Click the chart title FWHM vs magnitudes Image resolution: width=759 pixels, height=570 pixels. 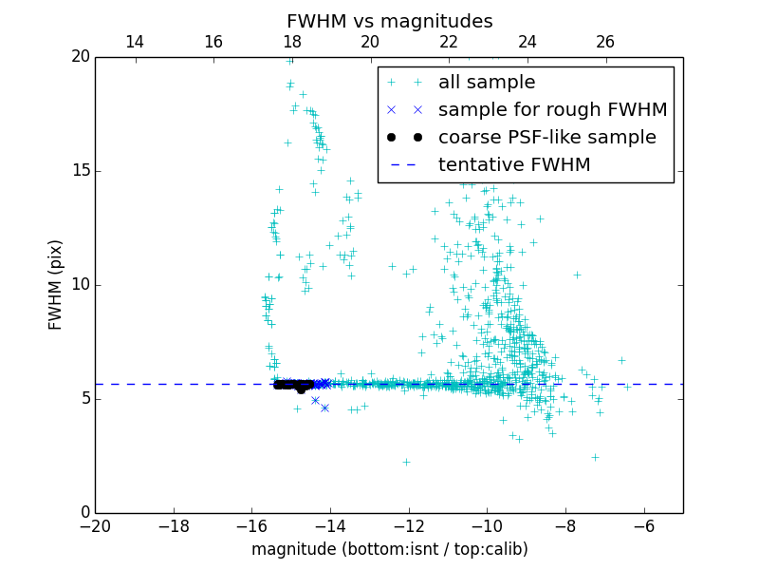(x=389, y=21)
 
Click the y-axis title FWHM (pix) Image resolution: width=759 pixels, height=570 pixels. (x=56, y=284)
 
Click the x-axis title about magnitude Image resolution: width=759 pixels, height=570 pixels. (x=389, y=549)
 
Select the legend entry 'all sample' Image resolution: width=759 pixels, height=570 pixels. (x=487, y=83)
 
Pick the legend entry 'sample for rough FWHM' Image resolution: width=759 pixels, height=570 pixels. (x=552, y=110)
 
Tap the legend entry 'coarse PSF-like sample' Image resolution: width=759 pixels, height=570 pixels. (x=546, y=138)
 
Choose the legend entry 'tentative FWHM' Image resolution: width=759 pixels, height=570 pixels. (x=514, y=165)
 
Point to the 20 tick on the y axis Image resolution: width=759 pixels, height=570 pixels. (x=80, y=57)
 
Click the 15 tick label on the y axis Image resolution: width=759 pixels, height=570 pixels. (x=80, y=171)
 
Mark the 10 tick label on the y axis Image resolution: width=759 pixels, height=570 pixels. (x=80, y=285)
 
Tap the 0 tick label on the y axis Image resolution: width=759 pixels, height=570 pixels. (x=84, y=513)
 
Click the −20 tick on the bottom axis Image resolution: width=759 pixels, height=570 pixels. (x=95, y=525)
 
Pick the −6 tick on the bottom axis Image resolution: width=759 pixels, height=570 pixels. (x=644, y=525)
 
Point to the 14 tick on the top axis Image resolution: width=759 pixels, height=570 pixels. (x=135, y=42)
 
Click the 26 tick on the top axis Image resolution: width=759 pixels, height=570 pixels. (x=605, y=42)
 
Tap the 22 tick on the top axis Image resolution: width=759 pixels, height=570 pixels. (x=449, y=42)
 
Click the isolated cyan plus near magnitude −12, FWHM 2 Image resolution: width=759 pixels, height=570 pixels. (x=406, y=463)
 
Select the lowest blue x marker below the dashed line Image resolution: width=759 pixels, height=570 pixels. (x=324, y=408)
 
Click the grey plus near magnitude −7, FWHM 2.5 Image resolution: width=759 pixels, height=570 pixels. (x=595, y=457)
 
